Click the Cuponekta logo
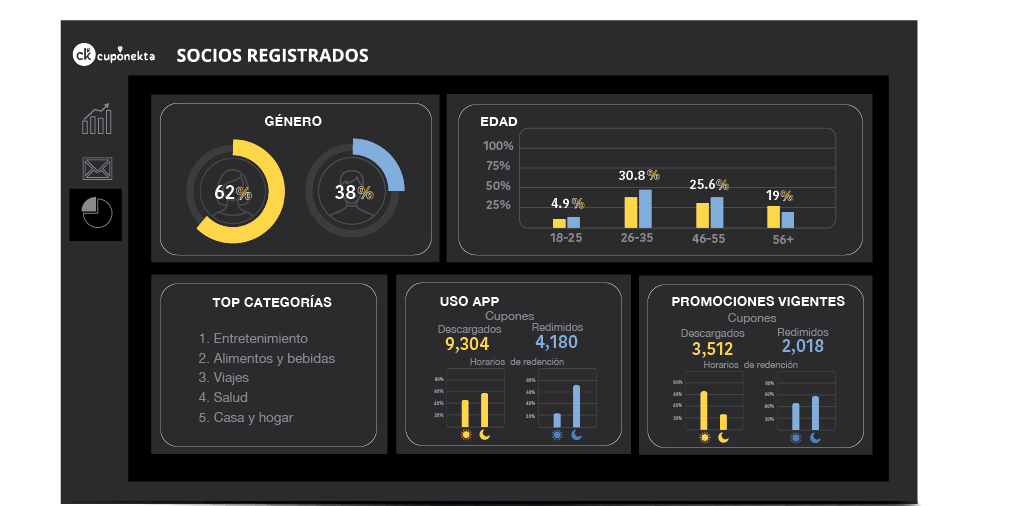pos(114,56)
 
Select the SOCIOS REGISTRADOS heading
pos(272,56)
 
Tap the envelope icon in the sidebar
pos(97,168)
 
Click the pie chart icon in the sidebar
pos(97,212)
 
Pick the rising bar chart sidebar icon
pos(97,120)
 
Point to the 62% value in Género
pos(232,192)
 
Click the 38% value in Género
pos(352,192)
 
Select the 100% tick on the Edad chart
pos(497,146)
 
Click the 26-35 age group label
pos(637,239)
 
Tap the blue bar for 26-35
pos(645,209)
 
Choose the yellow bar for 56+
pos(773,217)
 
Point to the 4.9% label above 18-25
pos(567,203)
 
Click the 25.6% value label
pos(708,185)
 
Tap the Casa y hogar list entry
pos(246,417)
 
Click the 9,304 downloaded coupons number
pos(467,344)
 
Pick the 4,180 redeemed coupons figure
pos(556,342)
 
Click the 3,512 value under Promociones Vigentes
pos(712,349)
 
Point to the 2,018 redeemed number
pos(802,346)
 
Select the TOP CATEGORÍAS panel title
pos(272,302)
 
